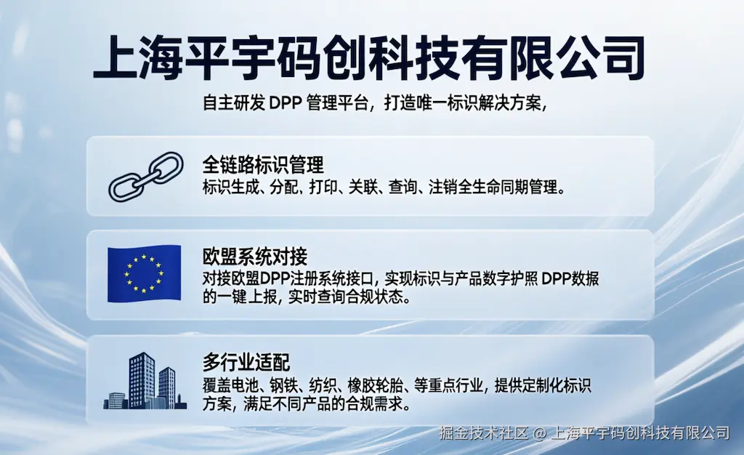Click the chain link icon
145,177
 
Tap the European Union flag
145,274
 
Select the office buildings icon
145,381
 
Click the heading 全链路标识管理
263,165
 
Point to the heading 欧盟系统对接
255,257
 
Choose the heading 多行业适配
246,363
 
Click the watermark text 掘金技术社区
483,432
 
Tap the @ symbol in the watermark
540,433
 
